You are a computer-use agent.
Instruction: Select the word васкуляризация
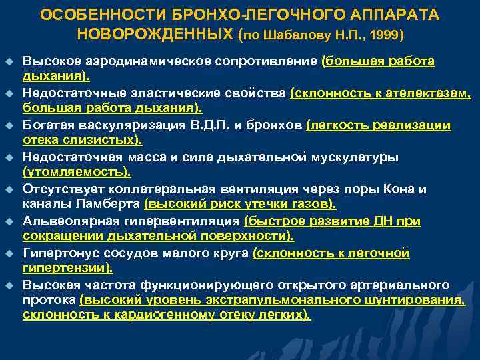119,125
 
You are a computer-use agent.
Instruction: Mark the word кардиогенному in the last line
156,315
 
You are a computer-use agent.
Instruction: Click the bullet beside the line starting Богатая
9,125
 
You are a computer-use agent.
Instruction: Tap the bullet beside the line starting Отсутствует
9,189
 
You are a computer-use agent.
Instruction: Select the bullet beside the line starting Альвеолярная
9,221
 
